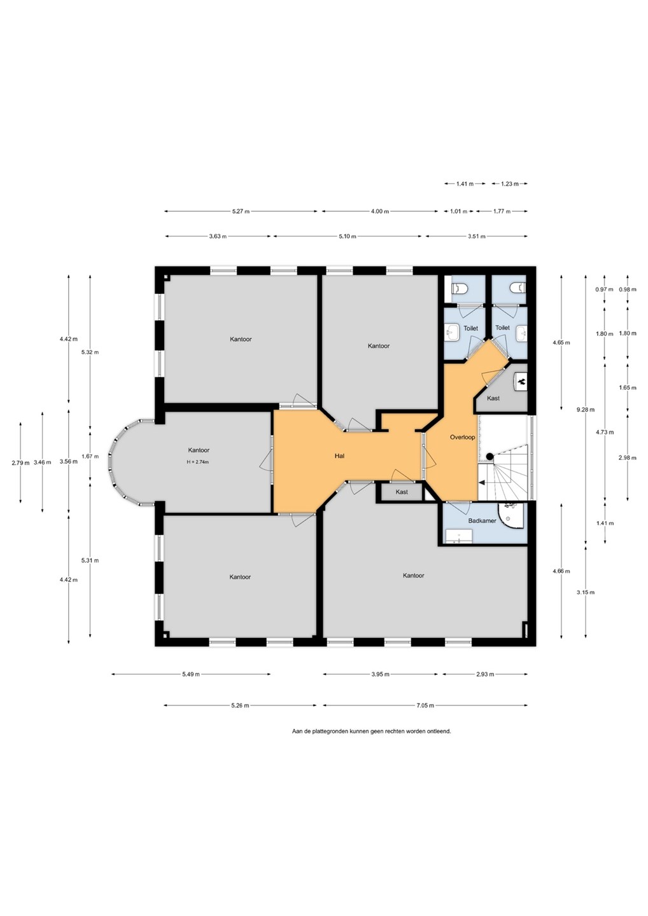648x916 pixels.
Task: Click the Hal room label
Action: (339, 455)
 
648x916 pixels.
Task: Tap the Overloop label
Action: (462, 437)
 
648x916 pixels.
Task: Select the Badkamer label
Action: (482, 520)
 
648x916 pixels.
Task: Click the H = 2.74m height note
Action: (198, 462)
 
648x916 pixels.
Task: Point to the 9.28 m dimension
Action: (586, 410)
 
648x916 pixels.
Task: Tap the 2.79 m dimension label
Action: (20, 463)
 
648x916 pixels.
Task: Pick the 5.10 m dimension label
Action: (348, 236)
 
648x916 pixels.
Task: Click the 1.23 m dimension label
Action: (509, 184)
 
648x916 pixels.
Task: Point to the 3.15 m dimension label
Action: (586, 592)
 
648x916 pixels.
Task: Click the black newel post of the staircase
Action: (490, 456)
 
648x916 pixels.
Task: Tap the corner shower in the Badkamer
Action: (511, 515)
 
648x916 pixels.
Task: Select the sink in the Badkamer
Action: (458, 536)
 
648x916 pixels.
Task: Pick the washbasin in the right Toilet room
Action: (521, 333)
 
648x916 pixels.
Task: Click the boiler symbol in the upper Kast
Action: (521, 382)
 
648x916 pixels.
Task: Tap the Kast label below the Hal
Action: (401, 492)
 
